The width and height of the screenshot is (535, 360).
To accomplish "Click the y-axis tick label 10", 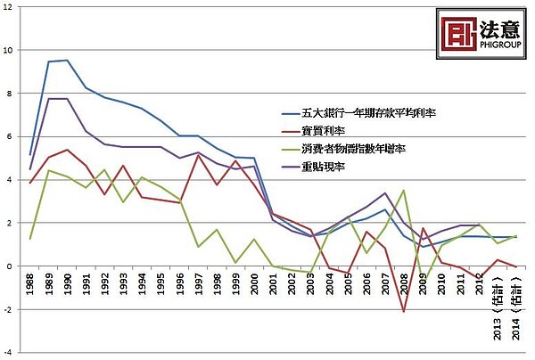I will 8,50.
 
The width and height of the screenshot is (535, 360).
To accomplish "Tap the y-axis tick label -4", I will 7,352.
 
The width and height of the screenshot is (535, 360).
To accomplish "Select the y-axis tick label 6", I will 10,136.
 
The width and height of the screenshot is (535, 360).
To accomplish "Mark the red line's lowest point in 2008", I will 403,312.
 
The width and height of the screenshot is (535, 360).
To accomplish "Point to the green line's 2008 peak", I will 403,190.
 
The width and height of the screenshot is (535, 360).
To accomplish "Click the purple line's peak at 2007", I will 384,193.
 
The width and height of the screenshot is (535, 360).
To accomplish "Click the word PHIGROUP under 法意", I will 498,38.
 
